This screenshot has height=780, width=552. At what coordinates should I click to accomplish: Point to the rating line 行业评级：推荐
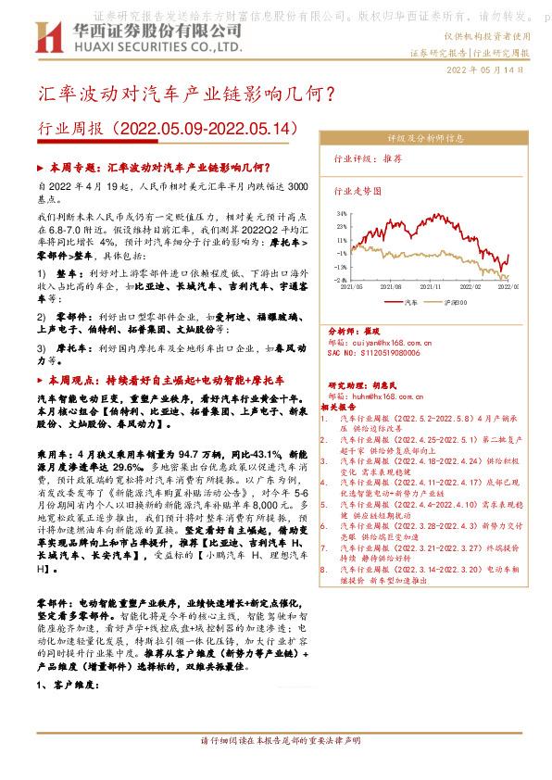[368, 159]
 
